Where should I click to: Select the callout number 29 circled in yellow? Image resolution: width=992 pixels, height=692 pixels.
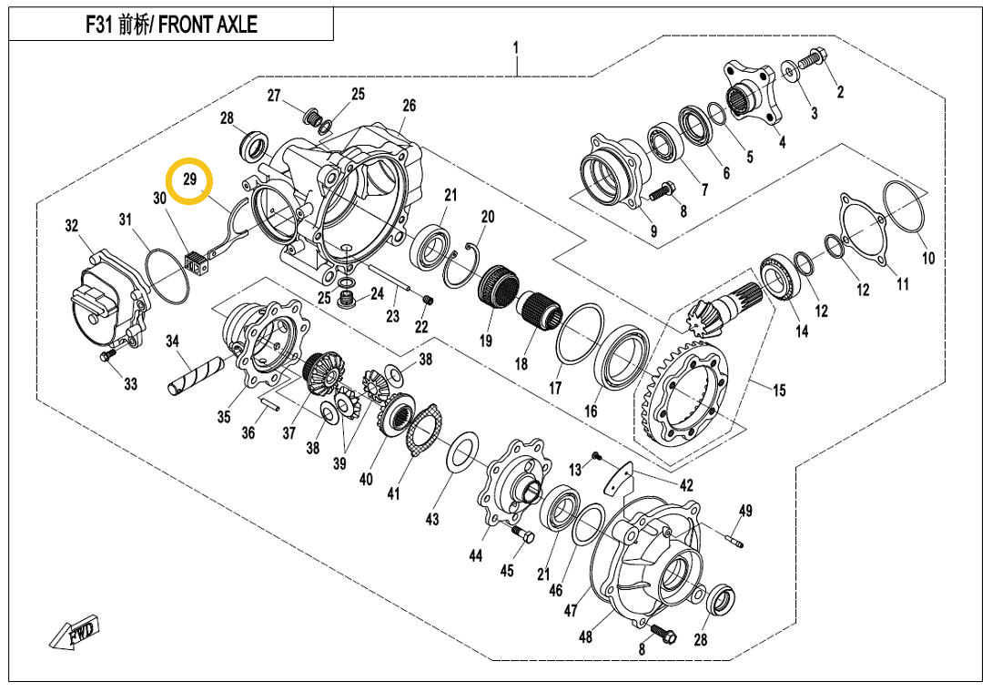189,180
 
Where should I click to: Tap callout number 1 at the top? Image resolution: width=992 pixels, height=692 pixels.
516,46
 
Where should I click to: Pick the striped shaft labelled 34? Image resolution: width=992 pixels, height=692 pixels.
198,375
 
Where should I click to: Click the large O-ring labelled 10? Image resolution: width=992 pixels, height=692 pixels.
905,209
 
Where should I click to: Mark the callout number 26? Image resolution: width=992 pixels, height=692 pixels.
409,106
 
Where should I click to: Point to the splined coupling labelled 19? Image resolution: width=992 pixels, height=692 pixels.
497,288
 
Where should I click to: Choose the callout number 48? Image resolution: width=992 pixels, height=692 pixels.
585,636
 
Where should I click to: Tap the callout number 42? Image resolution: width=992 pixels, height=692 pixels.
686,485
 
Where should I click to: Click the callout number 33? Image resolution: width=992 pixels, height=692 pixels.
131,384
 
